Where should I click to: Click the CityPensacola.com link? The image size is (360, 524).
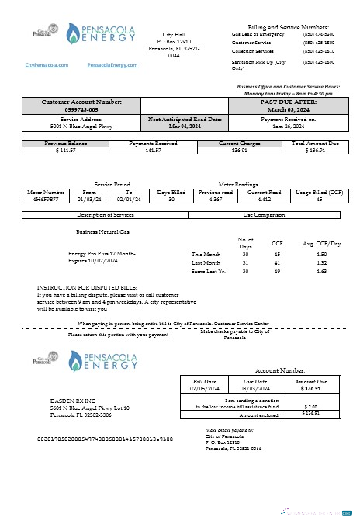pyautogui.click(x=47, y=66)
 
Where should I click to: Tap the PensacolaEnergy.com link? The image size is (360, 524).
pyautogui.click(x=112, y=66)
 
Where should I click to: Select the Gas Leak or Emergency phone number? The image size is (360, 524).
pyautogui.click(x=318, y=34)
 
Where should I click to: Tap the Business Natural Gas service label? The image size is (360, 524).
pyautogui.click(x=102, y=231)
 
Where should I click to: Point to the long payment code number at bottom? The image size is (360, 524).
pyautogui.click(x=105, y=439)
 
